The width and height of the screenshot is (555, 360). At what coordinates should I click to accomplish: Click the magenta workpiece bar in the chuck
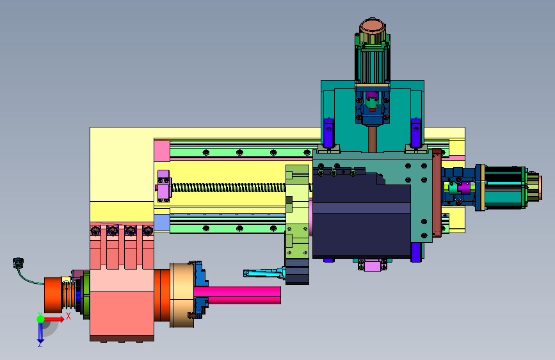(237, 295)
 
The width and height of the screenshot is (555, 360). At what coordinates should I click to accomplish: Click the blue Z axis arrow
(40, 332)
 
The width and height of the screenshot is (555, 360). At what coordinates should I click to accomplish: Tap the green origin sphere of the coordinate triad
(40, 319)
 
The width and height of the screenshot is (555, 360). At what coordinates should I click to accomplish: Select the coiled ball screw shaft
(229, 188)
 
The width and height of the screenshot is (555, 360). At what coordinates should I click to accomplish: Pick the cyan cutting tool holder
(263, 273)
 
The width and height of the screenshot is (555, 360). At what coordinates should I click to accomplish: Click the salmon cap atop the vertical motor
(373, 26)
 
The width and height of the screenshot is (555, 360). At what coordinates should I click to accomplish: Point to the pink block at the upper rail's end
(162, 151)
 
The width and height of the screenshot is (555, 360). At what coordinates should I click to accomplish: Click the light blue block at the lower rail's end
(162, 222)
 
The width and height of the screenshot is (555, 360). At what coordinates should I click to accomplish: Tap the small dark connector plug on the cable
(18, 263)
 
